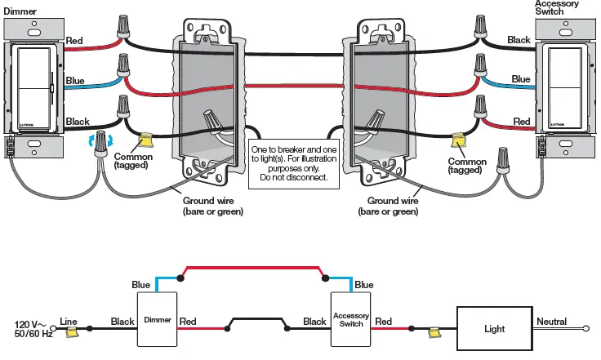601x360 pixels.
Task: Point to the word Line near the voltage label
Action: (68, 322)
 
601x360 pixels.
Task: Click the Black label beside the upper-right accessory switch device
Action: (518, 39)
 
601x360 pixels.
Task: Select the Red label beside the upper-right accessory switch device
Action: (521, 121)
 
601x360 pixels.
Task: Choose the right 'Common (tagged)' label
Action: (467, 166)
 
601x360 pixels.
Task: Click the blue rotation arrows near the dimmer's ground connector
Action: (93, 144)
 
